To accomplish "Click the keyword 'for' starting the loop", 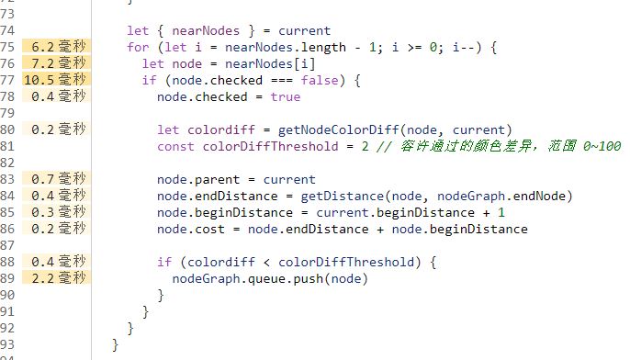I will point(137,47).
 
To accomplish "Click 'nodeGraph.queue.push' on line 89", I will point(246,278).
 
